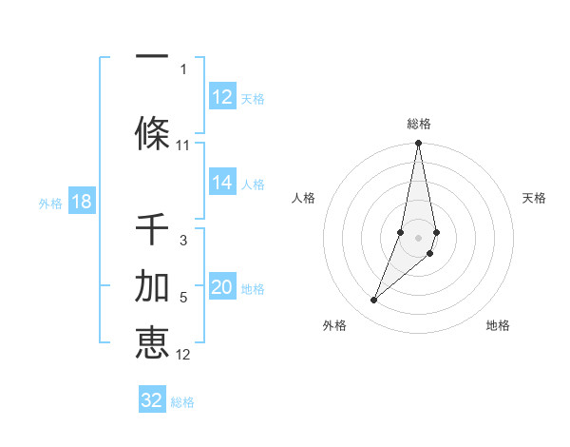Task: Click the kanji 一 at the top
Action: point(152,54)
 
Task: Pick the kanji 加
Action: point(152,285)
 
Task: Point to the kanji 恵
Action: point(152,342)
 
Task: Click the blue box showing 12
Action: point(221,97)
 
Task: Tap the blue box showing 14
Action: point(221,184)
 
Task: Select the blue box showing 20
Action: point(221,288)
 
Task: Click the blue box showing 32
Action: point(152,400)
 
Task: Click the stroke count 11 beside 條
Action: point(183,146)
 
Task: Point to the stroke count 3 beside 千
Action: point(183,241)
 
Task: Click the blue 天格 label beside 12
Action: point(253,98)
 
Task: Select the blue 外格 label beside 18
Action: point(49,204)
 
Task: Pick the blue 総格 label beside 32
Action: point(182,402)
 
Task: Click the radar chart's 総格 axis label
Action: point(419,124)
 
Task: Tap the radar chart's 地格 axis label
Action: point(498,325)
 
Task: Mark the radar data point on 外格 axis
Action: point(373,301)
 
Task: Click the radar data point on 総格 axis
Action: point(419,144)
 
